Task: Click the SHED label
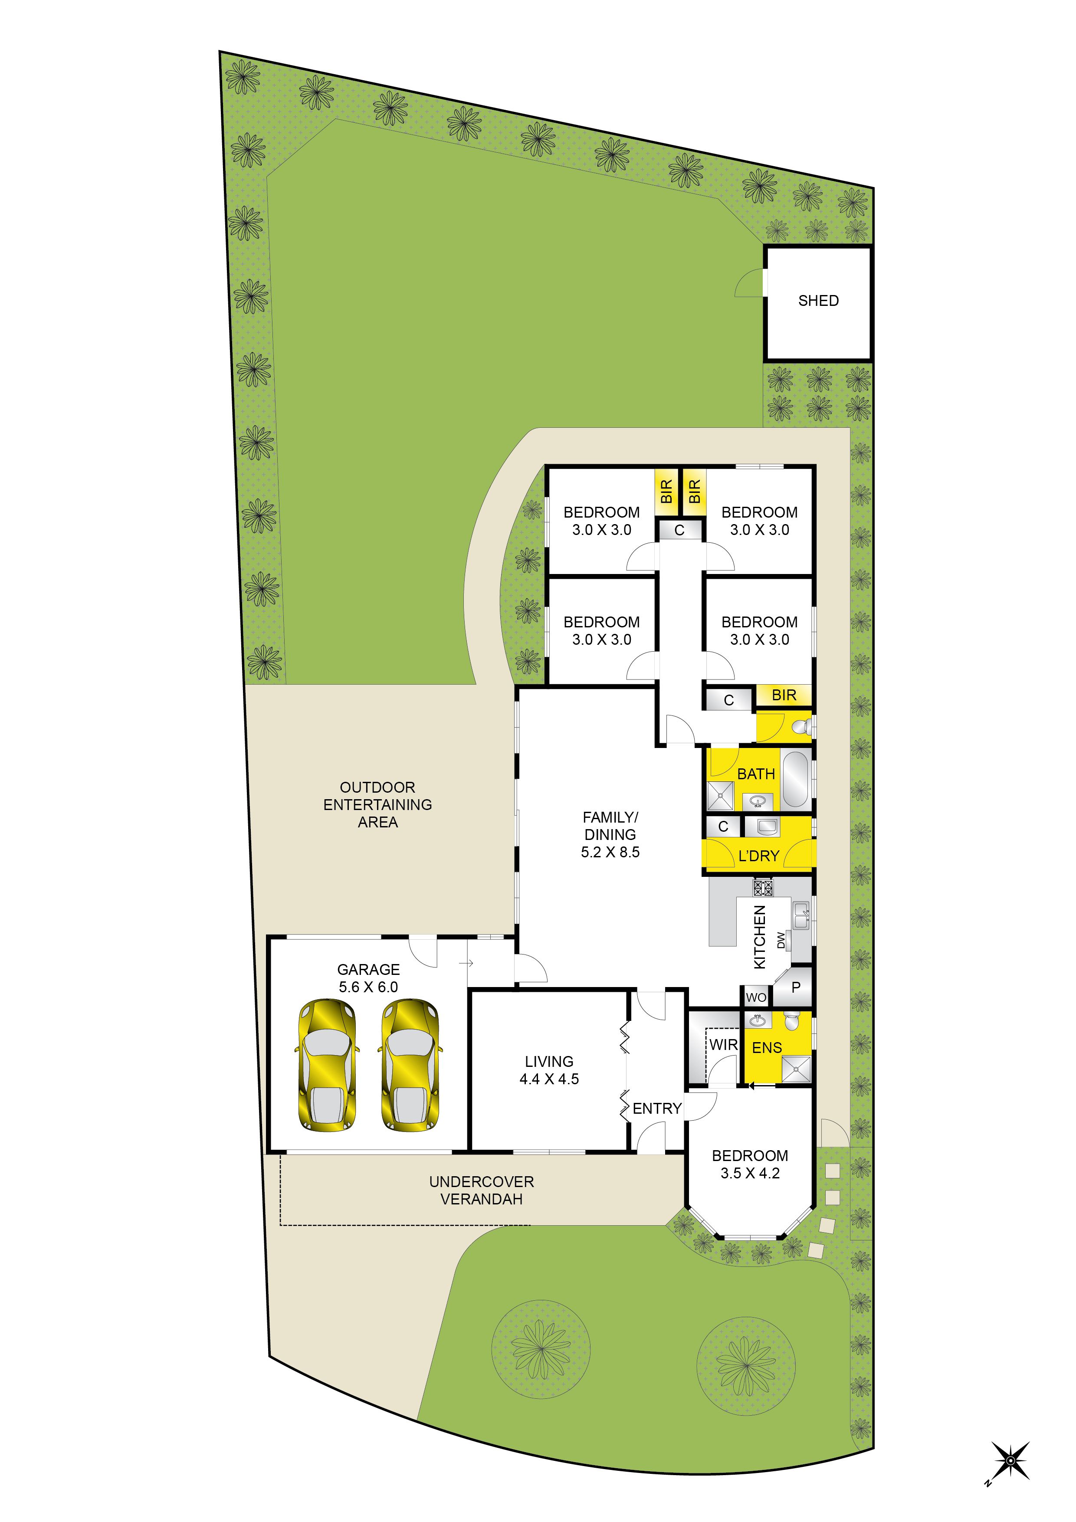coord(818,301)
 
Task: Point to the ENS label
coord(767,1048)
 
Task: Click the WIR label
coord(723,1045)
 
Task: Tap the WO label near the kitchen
coord(756,997)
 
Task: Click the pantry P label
coord(796,987)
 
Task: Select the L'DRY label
coord(758,856)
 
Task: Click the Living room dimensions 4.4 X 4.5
coord(549,1079)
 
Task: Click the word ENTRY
coord(657,1109)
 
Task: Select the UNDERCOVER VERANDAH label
coord(481,1191)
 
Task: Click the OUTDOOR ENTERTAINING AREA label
coord(378,805)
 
